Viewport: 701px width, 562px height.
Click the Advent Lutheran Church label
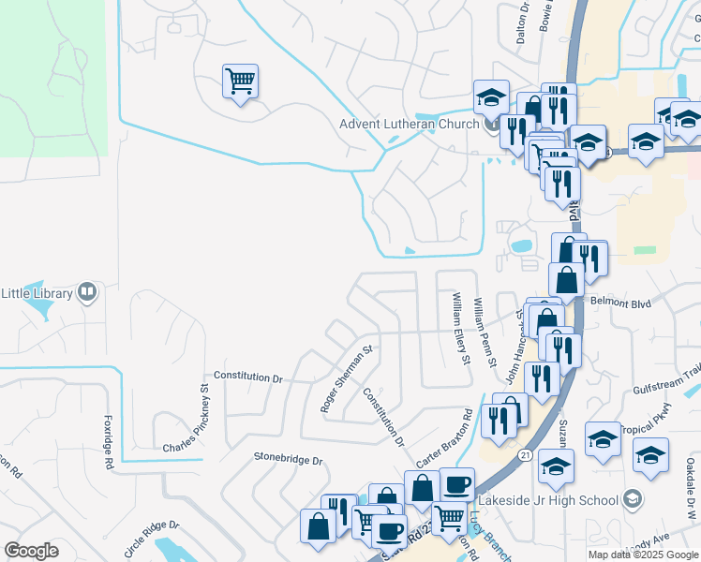[x=410, y=124]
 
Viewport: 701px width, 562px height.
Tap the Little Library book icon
[x=87, y=293]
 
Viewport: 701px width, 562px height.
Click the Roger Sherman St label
[x=347, y=378]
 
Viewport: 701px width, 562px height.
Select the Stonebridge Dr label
[x=288, y=460]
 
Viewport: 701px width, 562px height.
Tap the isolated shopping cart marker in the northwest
[x=241, y=82]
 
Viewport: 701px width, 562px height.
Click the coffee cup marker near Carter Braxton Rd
[x=457, y=485]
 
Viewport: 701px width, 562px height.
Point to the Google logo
[x=31, y=551]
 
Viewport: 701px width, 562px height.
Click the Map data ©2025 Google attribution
[x=644, y=555]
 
